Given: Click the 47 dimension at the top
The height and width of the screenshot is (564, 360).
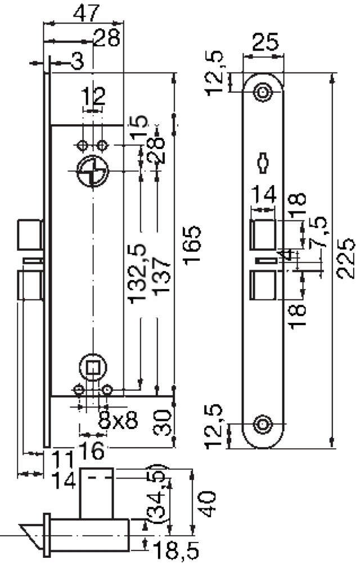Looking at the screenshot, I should tap(86, 12).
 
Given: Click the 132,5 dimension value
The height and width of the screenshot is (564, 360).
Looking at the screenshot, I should tap(138, 273).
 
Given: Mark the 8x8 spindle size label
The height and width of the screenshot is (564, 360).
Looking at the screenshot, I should tap(119, 421).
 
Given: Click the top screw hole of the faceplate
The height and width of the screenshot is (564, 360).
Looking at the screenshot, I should tap(262, 92).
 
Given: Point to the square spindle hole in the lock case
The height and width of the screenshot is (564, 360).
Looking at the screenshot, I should tap(92, 367).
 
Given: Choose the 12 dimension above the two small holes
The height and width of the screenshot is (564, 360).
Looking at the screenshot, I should tap(93, 97).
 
